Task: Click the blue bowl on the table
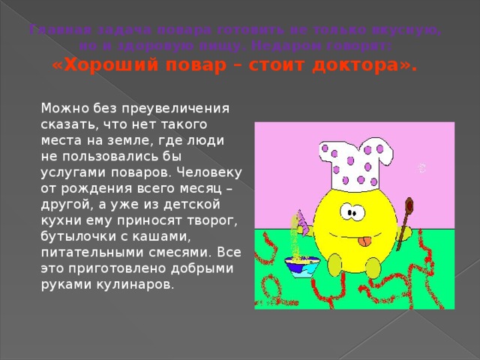301,265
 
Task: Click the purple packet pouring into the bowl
302,221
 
